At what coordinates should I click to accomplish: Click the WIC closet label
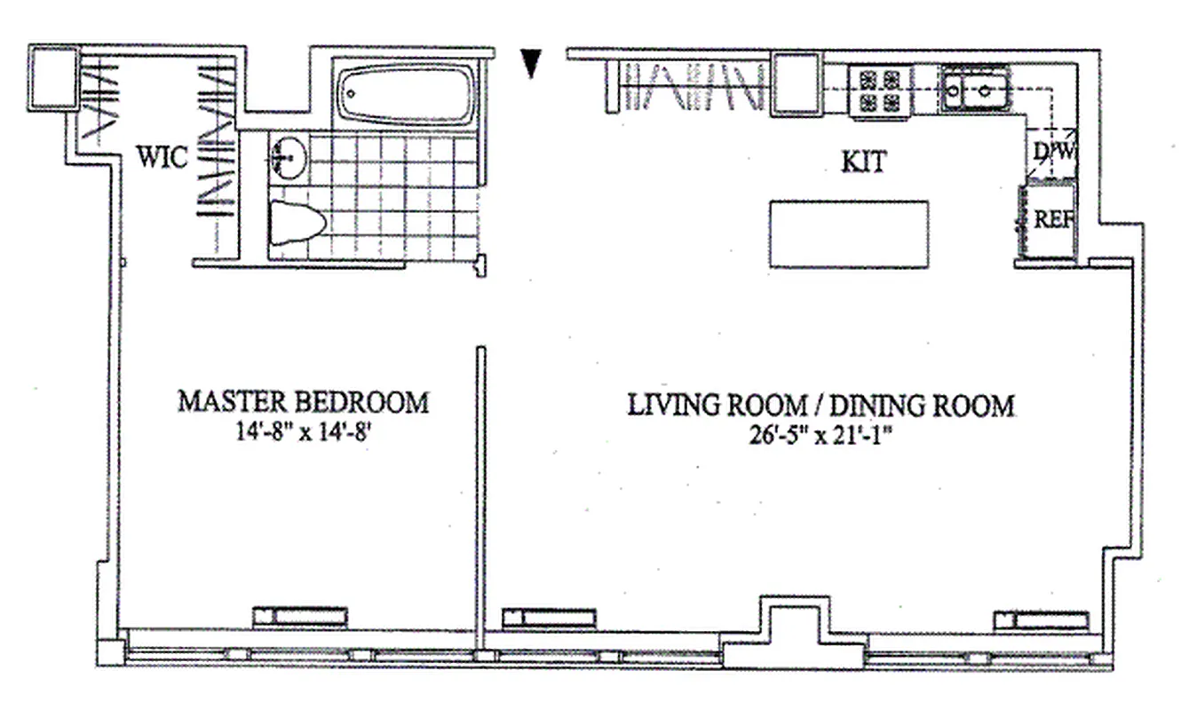pyautogui.click(x=162, y=158)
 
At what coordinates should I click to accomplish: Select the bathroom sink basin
pyautogui.click(x=286, y=159)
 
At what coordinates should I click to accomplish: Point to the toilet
pyautogui.click(x=296, y=223)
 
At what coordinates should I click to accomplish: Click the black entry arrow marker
pyautogui.click(x=531, y=62)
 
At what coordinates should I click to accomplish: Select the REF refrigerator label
pyautogui.click(x=1054, y=219)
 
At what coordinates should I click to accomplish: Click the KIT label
pyautogui.click(x=864, y=162)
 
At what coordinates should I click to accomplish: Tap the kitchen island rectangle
pyautogui.click(x=849, y=234)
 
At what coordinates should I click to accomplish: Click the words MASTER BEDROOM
pyautogui.click(x=303, y=402)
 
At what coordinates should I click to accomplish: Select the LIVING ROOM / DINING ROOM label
pyautogui.click(x=820, y=406)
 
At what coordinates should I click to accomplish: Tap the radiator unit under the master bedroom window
pyautogui.click(x=299, y=616)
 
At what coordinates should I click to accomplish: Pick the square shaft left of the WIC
pyautogui.click(x=54, y=78)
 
